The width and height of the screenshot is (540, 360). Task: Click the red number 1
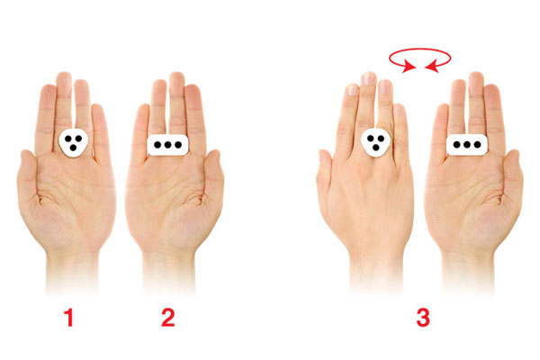click(69, 318)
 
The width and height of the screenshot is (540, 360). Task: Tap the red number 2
click(168, 318)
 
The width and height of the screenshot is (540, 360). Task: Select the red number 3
click(423, 318)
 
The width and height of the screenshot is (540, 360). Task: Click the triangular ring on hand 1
click(74, 143)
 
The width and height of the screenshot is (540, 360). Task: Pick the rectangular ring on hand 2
click(167, 145)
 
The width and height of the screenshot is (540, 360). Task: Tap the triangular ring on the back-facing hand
click(375, 143)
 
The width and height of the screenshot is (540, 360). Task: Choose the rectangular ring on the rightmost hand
click(467, 145)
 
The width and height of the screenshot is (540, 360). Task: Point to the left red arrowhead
click(409, 66)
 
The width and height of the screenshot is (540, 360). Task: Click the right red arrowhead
click(433, 66)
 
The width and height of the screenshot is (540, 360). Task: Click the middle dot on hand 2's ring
click(167, 145)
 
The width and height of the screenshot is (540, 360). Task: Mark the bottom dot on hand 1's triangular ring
click(73, 148)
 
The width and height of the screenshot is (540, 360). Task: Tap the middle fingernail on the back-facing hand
click(368, 78)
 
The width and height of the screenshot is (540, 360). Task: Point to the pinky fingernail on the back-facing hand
click(398, 110)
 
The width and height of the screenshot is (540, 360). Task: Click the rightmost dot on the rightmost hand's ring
click(477, 145)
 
